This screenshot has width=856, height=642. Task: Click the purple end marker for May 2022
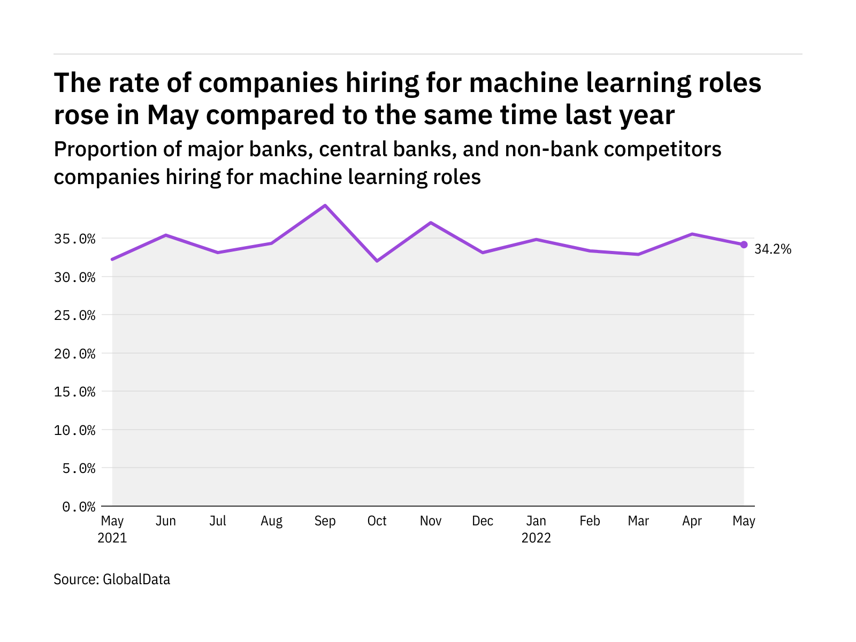point(744,244)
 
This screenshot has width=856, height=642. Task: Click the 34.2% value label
point(773,249)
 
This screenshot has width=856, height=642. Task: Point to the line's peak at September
point(325,205)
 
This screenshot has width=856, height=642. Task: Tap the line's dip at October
point(377,261)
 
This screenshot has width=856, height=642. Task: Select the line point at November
point(431,223)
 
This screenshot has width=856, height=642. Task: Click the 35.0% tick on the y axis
point(75,239)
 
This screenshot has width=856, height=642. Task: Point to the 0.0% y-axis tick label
point(79,507)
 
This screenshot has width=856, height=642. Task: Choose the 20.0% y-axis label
point(75,354)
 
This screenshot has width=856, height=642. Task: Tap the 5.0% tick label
point(79,469)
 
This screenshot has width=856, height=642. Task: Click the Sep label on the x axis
point(325,521)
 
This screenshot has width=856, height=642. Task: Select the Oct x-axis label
point(377,521)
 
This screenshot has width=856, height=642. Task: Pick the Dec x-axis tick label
point(483,521)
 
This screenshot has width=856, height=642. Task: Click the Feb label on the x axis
point(590,521)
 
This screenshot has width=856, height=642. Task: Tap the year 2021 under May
point(112,538)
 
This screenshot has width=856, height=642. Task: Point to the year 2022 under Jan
point(536,538)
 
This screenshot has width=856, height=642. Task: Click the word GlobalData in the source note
point(136,579)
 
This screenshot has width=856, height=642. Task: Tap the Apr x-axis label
point(692,521)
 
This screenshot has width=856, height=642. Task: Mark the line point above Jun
point(166,235)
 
